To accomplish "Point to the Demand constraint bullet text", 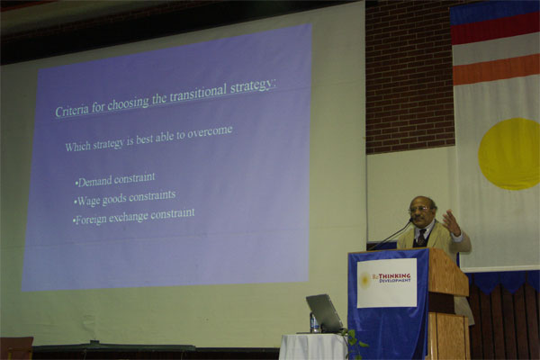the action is (115, 180).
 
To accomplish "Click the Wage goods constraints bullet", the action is (125, 198).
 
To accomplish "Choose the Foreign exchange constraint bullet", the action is (133, 216).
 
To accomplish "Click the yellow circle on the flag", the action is (509, 154).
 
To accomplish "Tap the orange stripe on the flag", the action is (496, 69).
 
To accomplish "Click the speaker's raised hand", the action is (452, 222).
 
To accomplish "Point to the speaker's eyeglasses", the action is (419, 209).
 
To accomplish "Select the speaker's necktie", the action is (422, 238).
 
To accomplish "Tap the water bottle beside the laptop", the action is (314, 322).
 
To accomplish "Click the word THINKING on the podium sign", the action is (395, 276).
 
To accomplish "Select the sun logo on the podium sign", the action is (365, 279).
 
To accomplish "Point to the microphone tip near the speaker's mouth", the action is (410, 220).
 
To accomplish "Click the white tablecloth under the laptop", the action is (313, 346).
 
